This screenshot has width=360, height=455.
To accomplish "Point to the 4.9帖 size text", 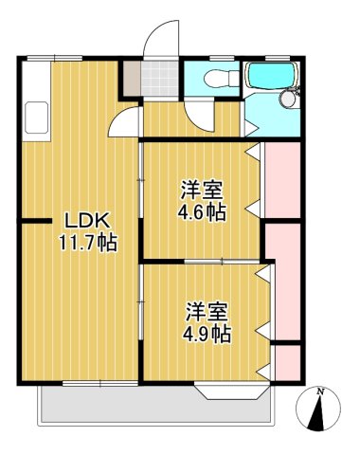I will click(x=207, y=334).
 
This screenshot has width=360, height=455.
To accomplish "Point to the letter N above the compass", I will click(x=322, y=391).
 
